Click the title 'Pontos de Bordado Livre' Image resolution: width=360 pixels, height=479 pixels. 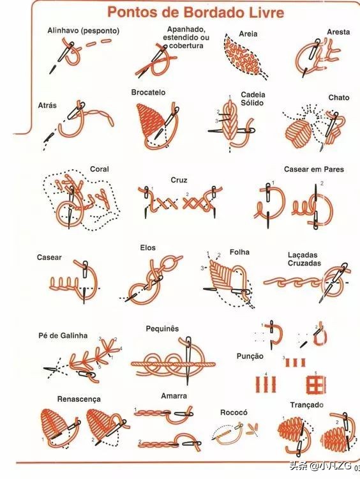pyautogui.click(x=196, y=13)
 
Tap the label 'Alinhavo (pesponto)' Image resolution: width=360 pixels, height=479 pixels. pyautogui.click(x=84, y=31)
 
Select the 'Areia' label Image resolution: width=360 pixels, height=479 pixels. pyautogui.click(x=248, y=34)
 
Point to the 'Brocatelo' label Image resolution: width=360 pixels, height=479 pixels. pyautogui.click(x=148, y=92)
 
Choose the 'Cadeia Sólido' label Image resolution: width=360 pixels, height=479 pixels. pyautogui.click(x=253, y=98)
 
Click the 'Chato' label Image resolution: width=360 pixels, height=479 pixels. pyautogui.click(x=339, y=98)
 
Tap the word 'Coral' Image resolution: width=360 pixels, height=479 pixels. pyautogui.click(x=99, y=169)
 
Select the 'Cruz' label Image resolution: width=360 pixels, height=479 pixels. pyautogui.click(x=179, y=180)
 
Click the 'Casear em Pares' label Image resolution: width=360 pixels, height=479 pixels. pyautogui.click(x=314, y=169)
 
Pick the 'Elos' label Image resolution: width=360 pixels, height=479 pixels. pyautogui.click(x=148, y=247)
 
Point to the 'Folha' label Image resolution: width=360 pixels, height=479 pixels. pyautogui.click(x=239, y=252)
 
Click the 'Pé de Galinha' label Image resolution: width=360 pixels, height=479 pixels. pyautogui.click(x=63, y=335)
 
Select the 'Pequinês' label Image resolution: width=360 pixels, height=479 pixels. pyautogui.click(x=162, y=329)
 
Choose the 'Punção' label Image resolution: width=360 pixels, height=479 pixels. pyautogui.click(x=250, y=356)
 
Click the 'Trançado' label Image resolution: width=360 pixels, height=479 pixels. pyautogui.click(x=306, y=405)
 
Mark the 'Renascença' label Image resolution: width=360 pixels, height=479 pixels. pyautogui.click(x=79, y=399)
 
